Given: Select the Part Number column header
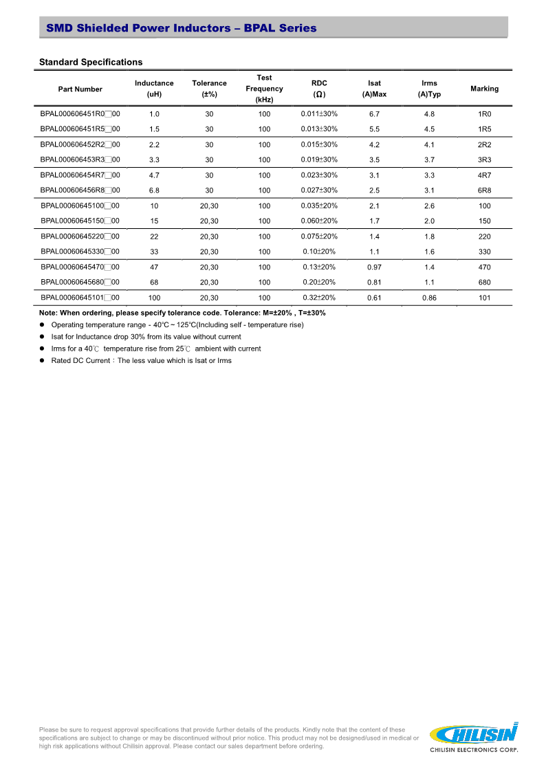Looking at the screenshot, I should pyautogui.click(x=80, y=89).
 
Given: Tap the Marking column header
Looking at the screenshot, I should pyautogui.click(x=484, y=89).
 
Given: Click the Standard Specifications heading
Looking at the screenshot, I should pyautogui.click(x=91, y=63).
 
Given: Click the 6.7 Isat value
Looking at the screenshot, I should pyautogui.click(x=374, y=113).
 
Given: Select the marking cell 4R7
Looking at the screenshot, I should pyautogui.click(x=484, y=175).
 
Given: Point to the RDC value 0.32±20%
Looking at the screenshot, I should pyautogui.click(x=319, y=298).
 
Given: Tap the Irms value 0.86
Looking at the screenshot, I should pyautogui.click(x=429, y=298).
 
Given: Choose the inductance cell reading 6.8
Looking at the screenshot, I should pyautogui.click(x=154, y=190).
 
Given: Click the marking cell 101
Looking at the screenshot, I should pyautogui.click(x=484, y=298).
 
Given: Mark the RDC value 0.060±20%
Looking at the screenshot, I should pyautogui.click(x=319, y=221).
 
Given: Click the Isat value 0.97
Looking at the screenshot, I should pyautogui.click(x=374, y=267).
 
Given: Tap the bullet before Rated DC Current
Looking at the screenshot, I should pyautogui.click(x=43, y=361).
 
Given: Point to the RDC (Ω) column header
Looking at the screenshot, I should pyautogui.click(x=319, y=89).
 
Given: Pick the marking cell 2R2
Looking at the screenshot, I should pyautogui.click(x=484, y=144).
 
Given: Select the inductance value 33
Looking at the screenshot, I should pyautogui.click(x=154, y=252).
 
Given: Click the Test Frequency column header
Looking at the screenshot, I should pyautogui.click(x=264, y=89).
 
